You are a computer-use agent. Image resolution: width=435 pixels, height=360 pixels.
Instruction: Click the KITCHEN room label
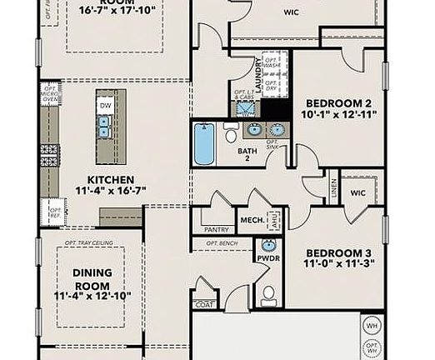pos(111,179)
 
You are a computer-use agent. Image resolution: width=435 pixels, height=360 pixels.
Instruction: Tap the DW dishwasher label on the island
pos(105,106)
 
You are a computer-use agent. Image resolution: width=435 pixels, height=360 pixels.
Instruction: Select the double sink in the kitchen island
pos(105,127)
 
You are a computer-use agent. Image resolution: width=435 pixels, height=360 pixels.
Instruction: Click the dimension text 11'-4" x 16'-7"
pos(111,192)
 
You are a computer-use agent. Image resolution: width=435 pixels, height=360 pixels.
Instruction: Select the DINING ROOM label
pos(92,277)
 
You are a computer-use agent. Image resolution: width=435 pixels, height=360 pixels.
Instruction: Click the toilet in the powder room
pos(267,292)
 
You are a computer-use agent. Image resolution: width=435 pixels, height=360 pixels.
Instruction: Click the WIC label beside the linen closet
pos(358,192)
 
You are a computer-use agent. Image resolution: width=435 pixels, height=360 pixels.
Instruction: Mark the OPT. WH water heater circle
pos(372,346)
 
